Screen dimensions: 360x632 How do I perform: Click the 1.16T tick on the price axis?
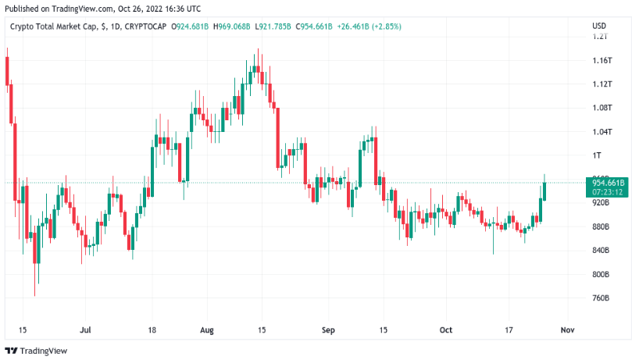(602, 60)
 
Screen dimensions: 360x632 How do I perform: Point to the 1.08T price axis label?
(602, 108)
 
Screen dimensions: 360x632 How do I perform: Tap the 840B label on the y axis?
(602, 250)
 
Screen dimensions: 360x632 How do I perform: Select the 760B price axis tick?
(602, 298)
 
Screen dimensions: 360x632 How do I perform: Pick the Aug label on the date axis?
(207, 330)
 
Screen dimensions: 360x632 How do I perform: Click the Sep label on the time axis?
(328, 330)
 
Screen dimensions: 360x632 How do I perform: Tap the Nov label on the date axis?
(568, 330)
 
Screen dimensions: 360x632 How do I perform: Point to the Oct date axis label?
(446, 330)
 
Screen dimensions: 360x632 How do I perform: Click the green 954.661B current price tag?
(606, 183)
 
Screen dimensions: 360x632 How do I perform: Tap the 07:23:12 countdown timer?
(606, 191)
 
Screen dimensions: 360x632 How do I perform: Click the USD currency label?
(599, 27)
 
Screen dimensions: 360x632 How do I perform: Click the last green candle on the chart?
(545, 189)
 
